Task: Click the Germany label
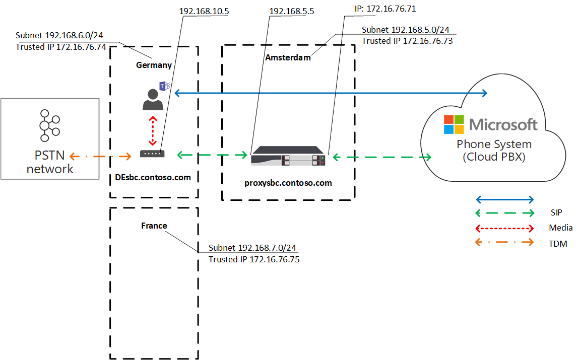pyautogui.click(x=154, y=65)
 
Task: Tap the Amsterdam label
pyautogui.click(x=288, y=57)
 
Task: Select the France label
pyautogui.click(x=154, y=226)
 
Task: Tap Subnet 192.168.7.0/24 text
pyautogui.click(x=252, y=248)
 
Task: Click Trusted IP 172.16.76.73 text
pyautogui.click(x=407, y=41)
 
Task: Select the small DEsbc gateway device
pyautogui.click(x=152, y=154)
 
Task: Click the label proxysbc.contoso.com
pyautogui.click(x=287, y=183)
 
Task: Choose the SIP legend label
pyautogui.click(x=556, y=212)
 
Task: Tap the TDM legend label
pyautogui.click(x=558, y=244)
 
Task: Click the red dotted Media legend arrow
pyautogui.click(x=504, y=228)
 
